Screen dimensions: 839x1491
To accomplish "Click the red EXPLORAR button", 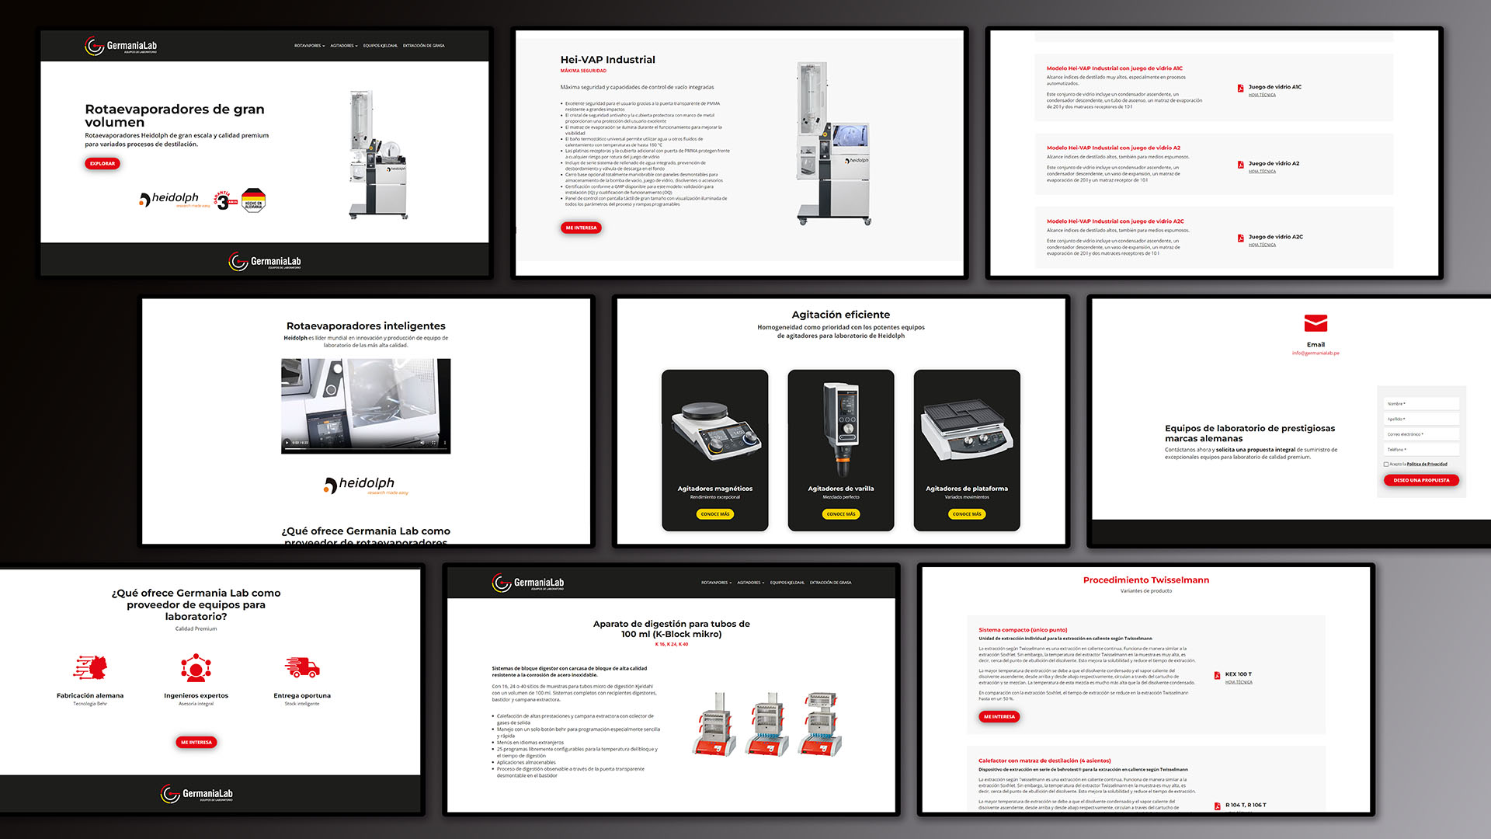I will (x=102, y=163).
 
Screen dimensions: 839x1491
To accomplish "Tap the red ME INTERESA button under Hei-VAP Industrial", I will (x=581, y=228).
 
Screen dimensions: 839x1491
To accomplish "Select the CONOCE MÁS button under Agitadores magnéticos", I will (x=714, y=513).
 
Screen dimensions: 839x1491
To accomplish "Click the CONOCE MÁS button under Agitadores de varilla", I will (x=840, y=513).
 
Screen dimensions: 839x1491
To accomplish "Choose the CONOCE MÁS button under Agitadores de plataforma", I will (x=966, y=513).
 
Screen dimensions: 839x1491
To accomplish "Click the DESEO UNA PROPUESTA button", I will (x=1421, y=480).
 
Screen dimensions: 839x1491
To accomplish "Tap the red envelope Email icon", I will (x=1315, y=323).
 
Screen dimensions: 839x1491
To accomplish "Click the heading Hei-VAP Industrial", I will (x=607, y=60).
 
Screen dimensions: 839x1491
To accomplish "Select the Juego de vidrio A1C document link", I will (x=1274, y=87).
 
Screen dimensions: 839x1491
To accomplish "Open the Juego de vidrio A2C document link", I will (x=1275, y=237).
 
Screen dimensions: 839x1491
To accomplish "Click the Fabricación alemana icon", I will (x=90, y=667).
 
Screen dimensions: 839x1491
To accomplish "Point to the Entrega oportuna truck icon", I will (x=302, y=667).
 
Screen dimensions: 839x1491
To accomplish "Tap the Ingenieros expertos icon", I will (x=196, y=667).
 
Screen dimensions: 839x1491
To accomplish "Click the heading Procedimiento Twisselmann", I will (x=1145, y=580).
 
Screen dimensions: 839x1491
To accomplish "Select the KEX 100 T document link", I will (x=1238, y=674).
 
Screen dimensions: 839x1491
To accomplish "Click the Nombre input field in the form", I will (x=1420, y=404).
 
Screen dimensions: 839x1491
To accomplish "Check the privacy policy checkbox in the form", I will (x=1386, y=465).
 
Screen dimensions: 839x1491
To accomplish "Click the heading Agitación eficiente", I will (x=840, y=315).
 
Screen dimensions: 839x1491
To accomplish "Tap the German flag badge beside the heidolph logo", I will (x=253, y=200).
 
